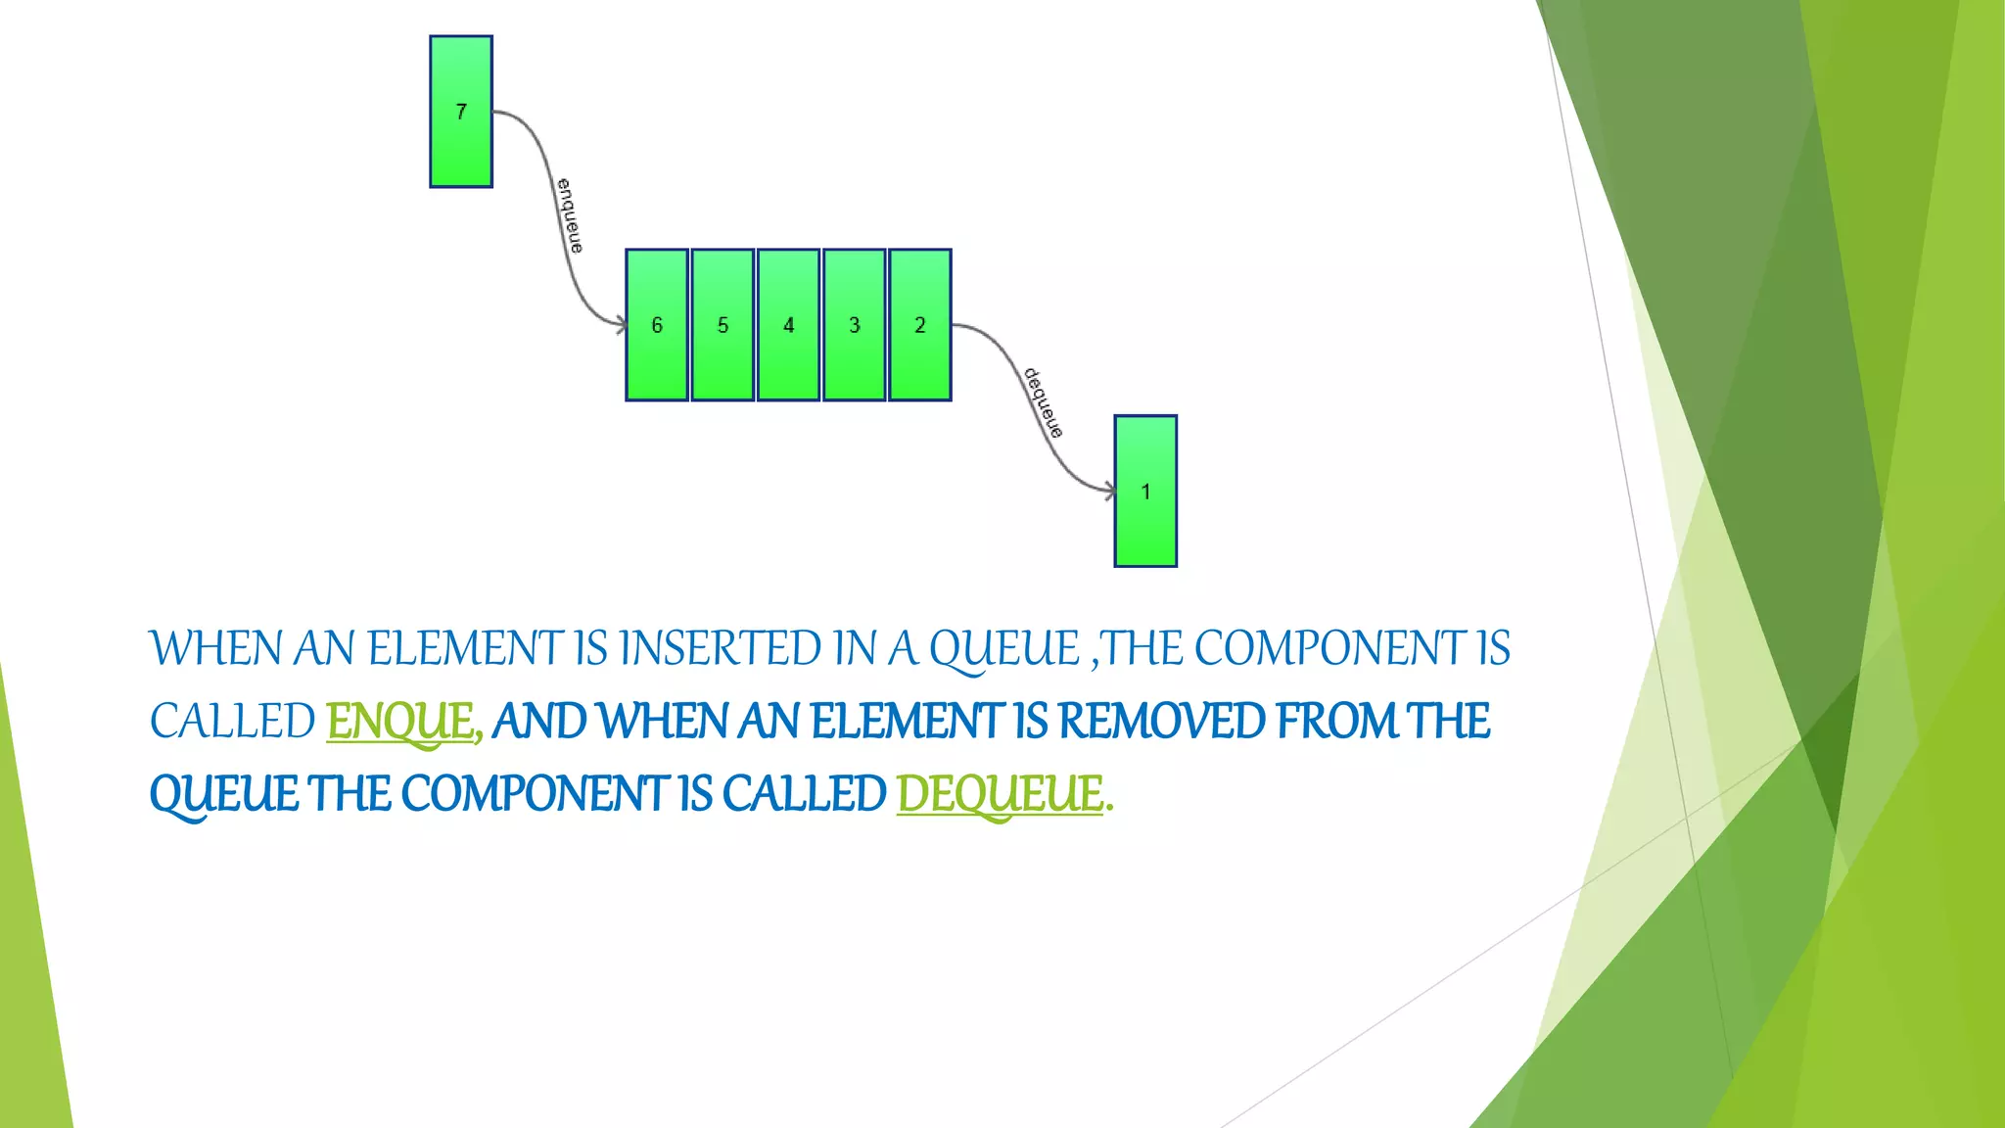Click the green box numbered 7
(461, 112)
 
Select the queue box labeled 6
(657, 325)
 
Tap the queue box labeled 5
(723, 325)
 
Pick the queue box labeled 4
(788, 325)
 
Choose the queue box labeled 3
(854, 325)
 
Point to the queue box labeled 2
(919, 325)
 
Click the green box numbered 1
(1145, 492)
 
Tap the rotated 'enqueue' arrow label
(570, 215)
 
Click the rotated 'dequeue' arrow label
(1043, 402)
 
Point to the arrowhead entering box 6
(620, 324)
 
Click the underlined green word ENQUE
(399, 722)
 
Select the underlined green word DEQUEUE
(1000, 794)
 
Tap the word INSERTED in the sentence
(721, 649)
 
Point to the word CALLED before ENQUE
(232, 722)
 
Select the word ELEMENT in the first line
(465, 649)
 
